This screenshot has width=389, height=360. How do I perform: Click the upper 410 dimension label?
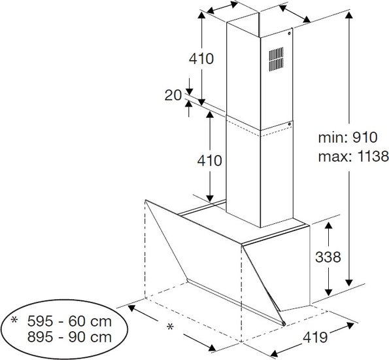click(201, 59)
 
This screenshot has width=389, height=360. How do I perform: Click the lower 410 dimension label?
click(210, 160)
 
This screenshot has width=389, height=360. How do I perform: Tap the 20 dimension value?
click(173, 95)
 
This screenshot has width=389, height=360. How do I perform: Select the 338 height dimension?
click(328, 257)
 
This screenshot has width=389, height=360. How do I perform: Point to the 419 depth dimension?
click(315, 337)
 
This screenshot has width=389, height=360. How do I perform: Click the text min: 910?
click(348, 137)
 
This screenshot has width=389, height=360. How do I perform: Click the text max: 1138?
click(353, 157)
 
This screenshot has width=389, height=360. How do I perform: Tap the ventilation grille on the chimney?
click(276, 59)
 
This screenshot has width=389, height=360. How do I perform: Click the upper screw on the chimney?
click(290, 33)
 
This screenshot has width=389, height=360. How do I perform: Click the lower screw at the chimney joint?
click(289, 124)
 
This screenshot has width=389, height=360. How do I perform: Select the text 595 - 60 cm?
click(69, 321)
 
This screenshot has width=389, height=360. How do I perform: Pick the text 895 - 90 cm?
click(69, 337)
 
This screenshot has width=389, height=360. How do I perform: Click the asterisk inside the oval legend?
click(14, 319)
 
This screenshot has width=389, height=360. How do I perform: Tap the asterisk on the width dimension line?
click(170, 327)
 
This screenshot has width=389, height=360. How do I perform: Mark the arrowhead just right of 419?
click(350, 325)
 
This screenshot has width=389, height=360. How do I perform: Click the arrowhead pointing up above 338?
click(328, 226)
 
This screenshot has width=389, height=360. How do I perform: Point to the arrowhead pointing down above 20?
click(189, 92)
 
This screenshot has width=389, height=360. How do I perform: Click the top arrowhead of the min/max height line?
click(349, 15)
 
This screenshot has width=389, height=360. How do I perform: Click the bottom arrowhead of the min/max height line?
click(349, 283)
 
